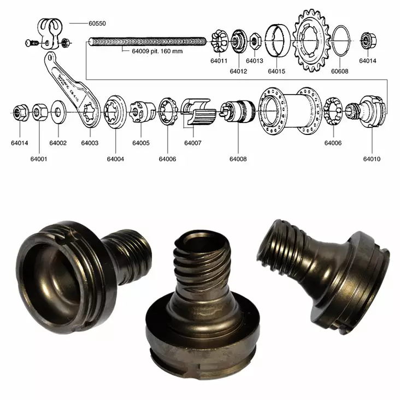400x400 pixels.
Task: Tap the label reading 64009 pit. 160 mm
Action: click(x=157, y=52)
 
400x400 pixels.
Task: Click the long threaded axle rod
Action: click(x=148, y=42)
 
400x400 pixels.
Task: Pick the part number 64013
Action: click(x=254, y=61)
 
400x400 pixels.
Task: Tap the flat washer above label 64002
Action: click(x=57, y=114)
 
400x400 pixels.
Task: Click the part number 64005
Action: click(x=140, y=143)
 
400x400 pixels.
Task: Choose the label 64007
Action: click(x=192, y=143)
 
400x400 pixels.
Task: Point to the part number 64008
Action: click(x=238, y=159)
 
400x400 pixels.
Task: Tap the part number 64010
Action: click(x=372, y=159)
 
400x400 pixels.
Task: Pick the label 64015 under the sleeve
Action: click(x=277, y=71)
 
